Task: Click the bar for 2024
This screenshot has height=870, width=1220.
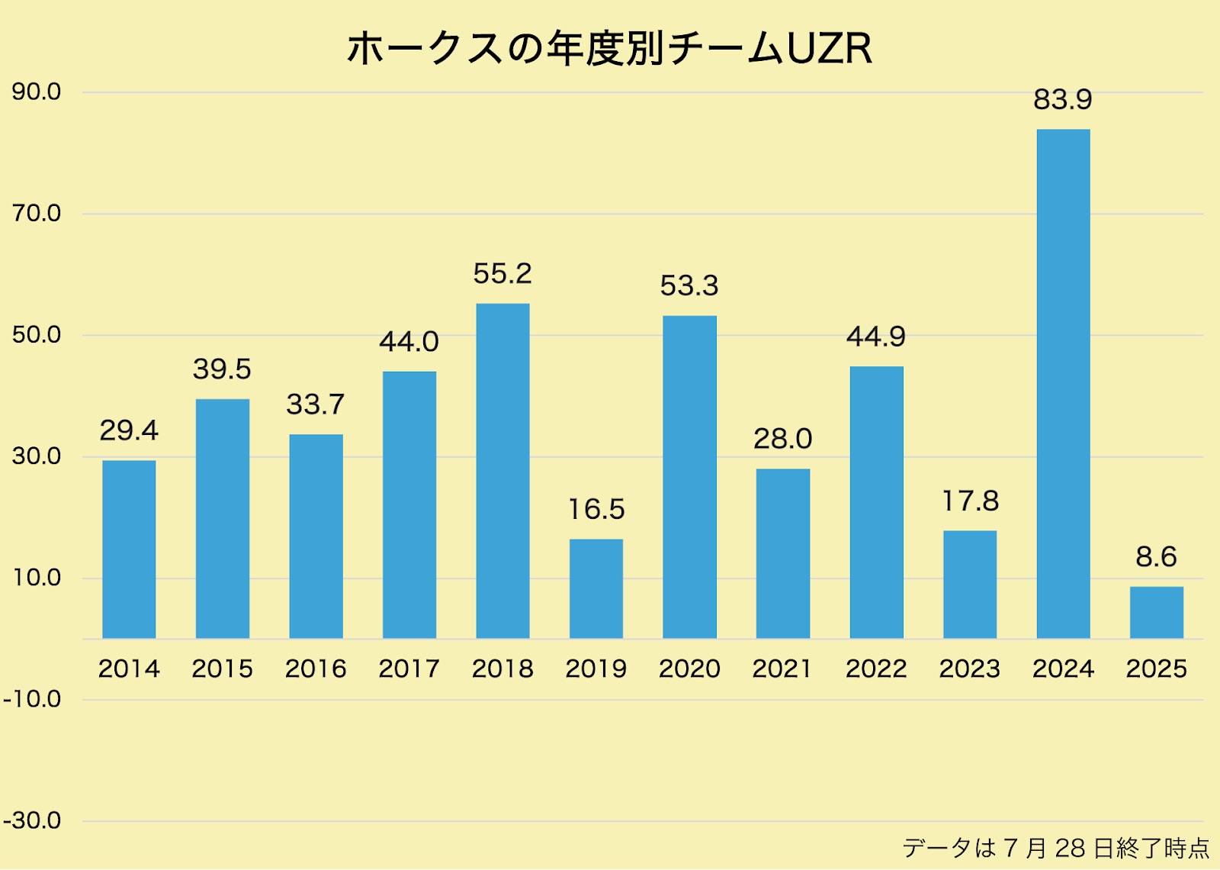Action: [x=1063, y=384]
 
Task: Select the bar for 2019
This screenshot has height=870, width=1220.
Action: [x=596, y=588]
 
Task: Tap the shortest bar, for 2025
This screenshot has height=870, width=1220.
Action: [x=1156, y=612]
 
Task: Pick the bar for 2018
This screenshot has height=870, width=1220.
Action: [x=502, y=471]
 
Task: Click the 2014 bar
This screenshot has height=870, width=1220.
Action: [x=129, y=549]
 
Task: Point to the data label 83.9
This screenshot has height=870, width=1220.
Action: [x=1063, y=99]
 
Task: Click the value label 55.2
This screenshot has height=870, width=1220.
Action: [x=502, y=273]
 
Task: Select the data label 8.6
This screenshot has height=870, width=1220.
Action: [x=1156, y=557]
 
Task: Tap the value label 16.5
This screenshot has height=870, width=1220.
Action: [x=596, y=509]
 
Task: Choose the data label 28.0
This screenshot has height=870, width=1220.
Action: [x=783, y=439]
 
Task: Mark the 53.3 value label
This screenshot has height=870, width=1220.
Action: [x=689, y=285]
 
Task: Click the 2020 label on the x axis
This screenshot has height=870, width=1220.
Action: [x=689, y=669]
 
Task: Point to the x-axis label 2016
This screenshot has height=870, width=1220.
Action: [x=316, y=669]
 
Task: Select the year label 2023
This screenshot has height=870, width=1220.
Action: [x=970, y=669]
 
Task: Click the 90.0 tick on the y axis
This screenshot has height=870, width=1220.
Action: [x=37, y=92]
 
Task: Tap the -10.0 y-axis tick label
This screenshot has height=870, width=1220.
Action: [x=32, y=699]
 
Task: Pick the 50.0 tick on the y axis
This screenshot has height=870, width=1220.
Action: [x=37, y=335]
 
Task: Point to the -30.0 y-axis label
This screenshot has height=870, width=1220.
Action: [x=32, y=821]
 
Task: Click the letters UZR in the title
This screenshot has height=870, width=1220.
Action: [x=829, y=49]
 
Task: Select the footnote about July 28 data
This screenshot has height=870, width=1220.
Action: [x=1056, y=848]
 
